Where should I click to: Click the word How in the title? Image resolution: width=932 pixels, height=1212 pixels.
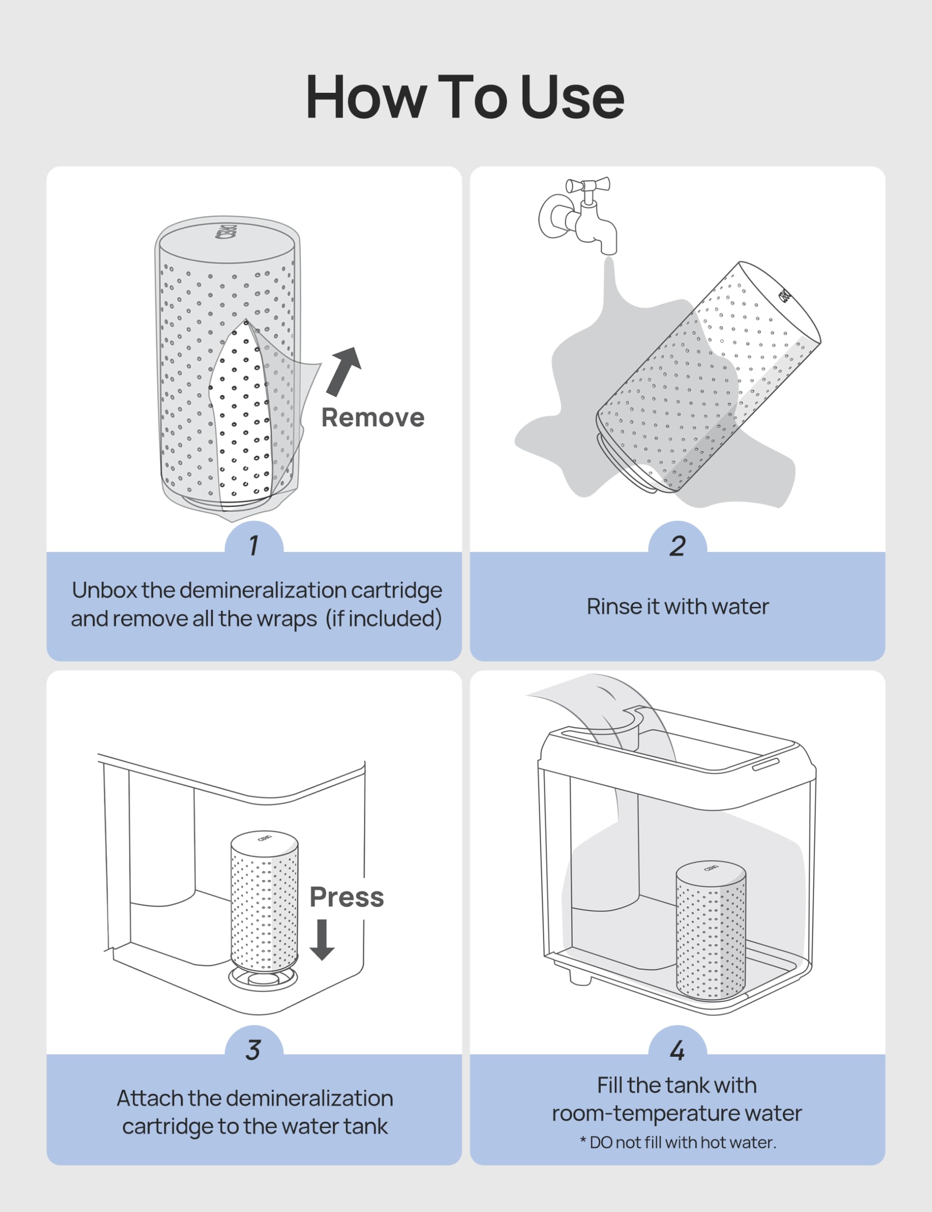[366, 98]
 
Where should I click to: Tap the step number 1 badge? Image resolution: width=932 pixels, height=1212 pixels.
[254, 545]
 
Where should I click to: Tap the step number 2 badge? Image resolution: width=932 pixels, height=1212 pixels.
[677, 545]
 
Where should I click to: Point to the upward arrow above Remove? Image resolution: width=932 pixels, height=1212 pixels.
[345, 371]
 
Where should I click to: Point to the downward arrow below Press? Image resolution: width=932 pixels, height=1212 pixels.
[322, 939]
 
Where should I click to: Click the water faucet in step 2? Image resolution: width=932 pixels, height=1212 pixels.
[580, 219]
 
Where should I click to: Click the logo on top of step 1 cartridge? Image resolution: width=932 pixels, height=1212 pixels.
[226, 232]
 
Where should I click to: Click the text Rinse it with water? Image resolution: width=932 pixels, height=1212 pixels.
[677, 606]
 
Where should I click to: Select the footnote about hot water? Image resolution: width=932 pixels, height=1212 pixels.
[677, 1142]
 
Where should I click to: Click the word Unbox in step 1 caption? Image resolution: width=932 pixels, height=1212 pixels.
[104, 590]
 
